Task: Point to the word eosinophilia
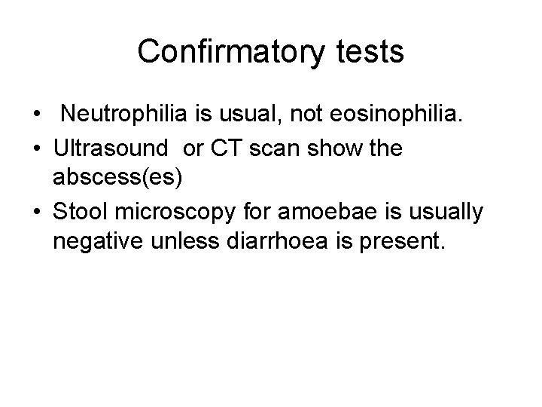coord(385,115)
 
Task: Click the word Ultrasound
coord(113,148)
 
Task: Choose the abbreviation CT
coord(225,148)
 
